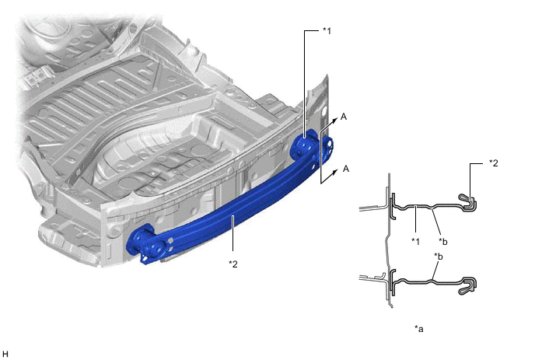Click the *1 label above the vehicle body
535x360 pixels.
(327, 31)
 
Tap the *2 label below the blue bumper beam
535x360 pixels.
(233, 264)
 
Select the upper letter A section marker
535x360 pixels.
(344, 117)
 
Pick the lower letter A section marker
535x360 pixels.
(346, 169)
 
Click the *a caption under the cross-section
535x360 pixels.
(419, 329)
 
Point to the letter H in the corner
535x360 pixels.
(5, 354)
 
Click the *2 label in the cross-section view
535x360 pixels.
(493, 163)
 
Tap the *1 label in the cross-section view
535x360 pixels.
(415, 241)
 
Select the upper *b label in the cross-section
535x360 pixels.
(443, 242)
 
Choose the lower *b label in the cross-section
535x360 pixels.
(439, 256)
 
